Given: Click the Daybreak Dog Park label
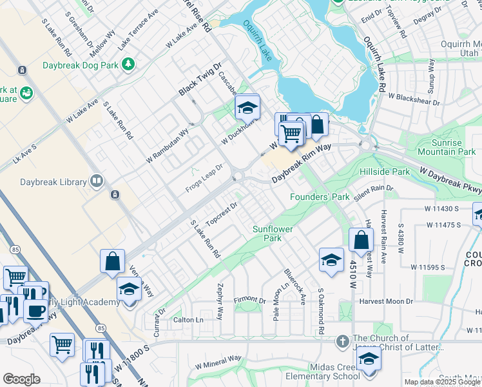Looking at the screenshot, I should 81,65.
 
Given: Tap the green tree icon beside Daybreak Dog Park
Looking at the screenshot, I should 128,63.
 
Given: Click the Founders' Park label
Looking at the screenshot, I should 319,197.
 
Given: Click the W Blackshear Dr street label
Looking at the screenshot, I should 414,98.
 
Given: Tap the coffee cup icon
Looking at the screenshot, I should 35,310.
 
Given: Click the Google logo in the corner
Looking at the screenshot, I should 21,379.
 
